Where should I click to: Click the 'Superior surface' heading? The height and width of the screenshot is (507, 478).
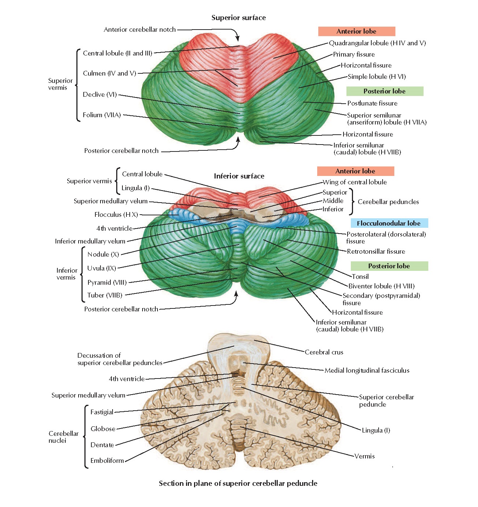point(239,18)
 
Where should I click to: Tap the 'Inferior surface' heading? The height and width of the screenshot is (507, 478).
point(239,176)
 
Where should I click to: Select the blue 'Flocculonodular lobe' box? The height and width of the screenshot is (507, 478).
point(388,223)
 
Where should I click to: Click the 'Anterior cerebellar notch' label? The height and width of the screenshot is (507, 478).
point(140,30)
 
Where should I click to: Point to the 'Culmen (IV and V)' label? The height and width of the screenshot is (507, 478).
point(109,73)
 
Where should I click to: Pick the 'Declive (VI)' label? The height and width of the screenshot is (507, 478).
point(100,95)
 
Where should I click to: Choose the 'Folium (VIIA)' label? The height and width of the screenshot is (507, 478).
point(102,115)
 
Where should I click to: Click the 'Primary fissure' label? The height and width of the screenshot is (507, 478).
point(354,54)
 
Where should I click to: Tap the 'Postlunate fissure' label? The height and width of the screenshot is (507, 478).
point(372,103)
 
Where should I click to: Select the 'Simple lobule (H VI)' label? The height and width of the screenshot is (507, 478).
point(376,77)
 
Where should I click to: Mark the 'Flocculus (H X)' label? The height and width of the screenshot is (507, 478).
point(116,215)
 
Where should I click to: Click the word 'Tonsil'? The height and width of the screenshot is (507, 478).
point(360,277)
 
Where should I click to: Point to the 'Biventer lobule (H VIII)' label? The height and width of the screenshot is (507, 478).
point(381,286)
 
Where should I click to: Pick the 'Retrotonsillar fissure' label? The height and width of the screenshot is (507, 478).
point(376,251)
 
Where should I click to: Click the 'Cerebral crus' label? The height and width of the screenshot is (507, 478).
point(324,352)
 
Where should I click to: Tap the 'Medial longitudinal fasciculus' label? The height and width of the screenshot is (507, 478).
point(367,370)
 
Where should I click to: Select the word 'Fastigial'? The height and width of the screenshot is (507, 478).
point(102,412)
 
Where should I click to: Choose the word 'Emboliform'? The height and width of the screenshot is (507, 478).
point(107,461)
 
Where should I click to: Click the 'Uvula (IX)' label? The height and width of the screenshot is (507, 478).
point(102,268)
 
